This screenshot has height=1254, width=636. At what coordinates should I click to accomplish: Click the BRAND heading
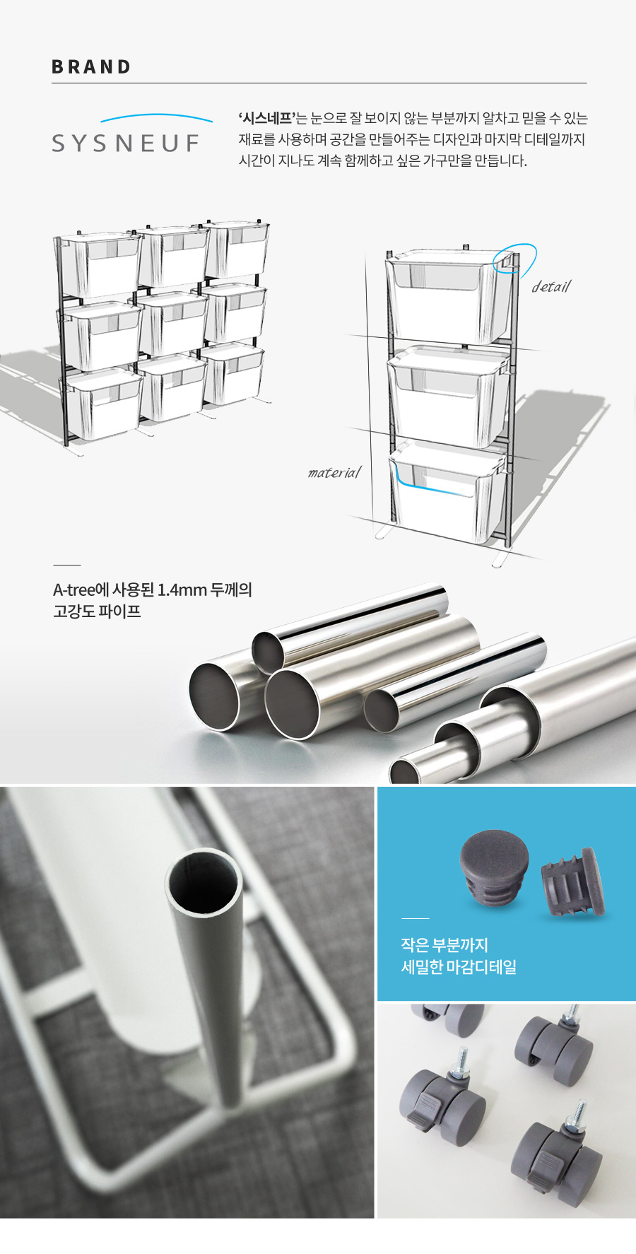[x=91, y=67]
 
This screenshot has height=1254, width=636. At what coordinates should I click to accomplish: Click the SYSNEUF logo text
[x=126, y=143]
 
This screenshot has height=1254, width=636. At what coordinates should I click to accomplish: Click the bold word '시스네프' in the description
[x=266, y=118]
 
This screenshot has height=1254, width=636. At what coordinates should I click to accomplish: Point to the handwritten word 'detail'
[x=550, y=286]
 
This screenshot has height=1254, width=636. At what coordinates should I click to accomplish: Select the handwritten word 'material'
[x=334, y=472]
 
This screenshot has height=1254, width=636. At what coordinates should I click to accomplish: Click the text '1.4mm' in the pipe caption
[x=182, y=590]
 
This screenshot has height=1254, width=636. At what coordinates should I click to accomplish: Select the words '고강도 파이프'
[x=97, y=611]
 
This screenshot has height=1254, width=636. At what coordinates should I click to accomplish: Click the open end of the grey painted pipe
[x=204, y=884]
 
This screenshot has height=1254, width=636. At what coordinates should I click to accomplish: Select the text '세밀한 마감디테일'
[x=459, y=966]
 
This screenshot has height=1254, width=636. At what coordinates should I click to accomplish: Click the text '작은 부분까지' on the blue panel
[x=444, y=945]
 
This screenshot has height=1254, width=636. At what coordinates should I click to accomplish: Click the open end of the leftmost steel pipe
[x=215, y=696]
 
